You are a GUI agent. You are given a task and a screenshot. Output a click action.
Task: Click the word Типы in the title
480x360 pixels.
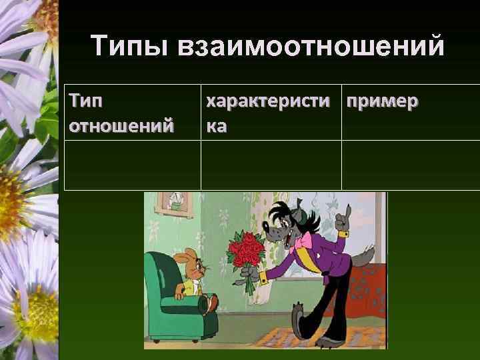click(131, 47)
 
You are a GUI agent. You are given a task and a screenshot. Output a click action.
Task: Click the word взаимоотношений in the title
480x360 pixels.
click(311, 48)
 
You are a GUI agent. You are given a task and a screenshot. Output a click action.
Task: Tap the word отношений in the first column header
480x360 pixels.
click(121, 124)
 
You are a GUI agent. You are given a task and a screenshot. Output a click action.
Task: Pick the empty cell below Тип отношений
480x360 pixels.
click(132, 165)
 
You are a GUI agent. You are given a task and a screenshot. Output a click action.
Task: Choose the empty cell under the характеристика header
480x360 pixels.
click(271, 165)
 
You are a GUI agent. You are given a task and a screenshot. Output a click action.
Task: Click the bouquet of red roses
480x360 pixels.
click(245, 253)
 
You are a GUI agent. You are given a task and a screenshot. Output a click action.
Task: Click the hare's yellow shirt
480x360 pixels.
click(188, 287)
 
